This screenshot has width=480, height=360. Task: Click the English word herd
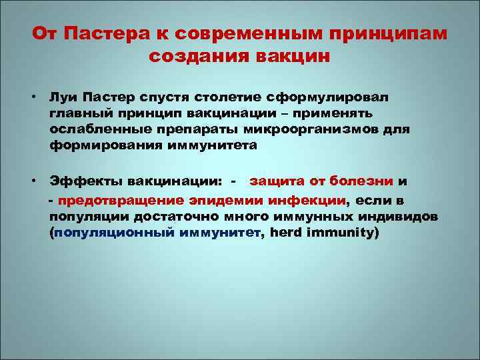point(286,233)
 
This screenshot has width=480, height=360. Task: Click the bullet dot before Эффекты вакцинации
point(32,181)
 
